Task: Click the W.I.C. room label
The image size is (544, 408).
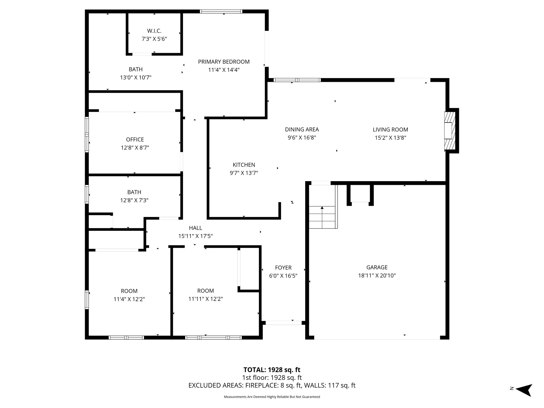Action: pos(154,31)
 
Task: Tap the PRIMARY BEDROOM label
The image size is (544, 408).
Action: pos(224,62)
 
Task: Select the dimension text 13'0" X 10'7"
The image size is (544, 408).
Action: pos(135,78)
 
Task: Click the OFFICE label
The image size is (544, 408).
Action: pos(135,139)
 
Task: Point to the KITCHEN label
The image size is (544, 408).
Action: pos(244,165)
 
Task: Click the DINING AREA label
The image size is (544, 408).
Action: pos(302,130)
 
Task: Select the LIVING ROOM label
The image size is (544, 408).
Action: pos(390,130)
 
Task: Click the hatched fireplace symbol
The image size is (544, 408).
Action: pos(450,130)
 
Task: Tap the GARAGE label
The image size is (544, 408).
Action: pos(377,267)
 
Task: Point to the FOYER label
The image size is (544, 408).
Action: pos(283,268)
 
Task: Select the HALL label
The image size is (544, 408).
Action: pos(195,228)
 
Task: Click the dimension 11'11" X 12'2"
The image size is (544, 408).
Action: pos(206,299)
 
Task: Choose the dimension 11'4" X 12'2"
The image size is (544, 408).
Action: pos(129,299)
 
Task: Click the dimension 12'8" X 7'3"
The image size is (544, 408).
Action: pos(134,200)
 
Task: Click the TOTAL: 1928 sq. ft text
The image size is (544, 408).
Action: pos(272,370)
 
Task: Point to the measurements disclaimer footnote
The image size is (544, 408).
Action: pos(272,397)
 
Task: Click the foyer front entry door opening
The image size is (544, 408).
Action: pos(283,323)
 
